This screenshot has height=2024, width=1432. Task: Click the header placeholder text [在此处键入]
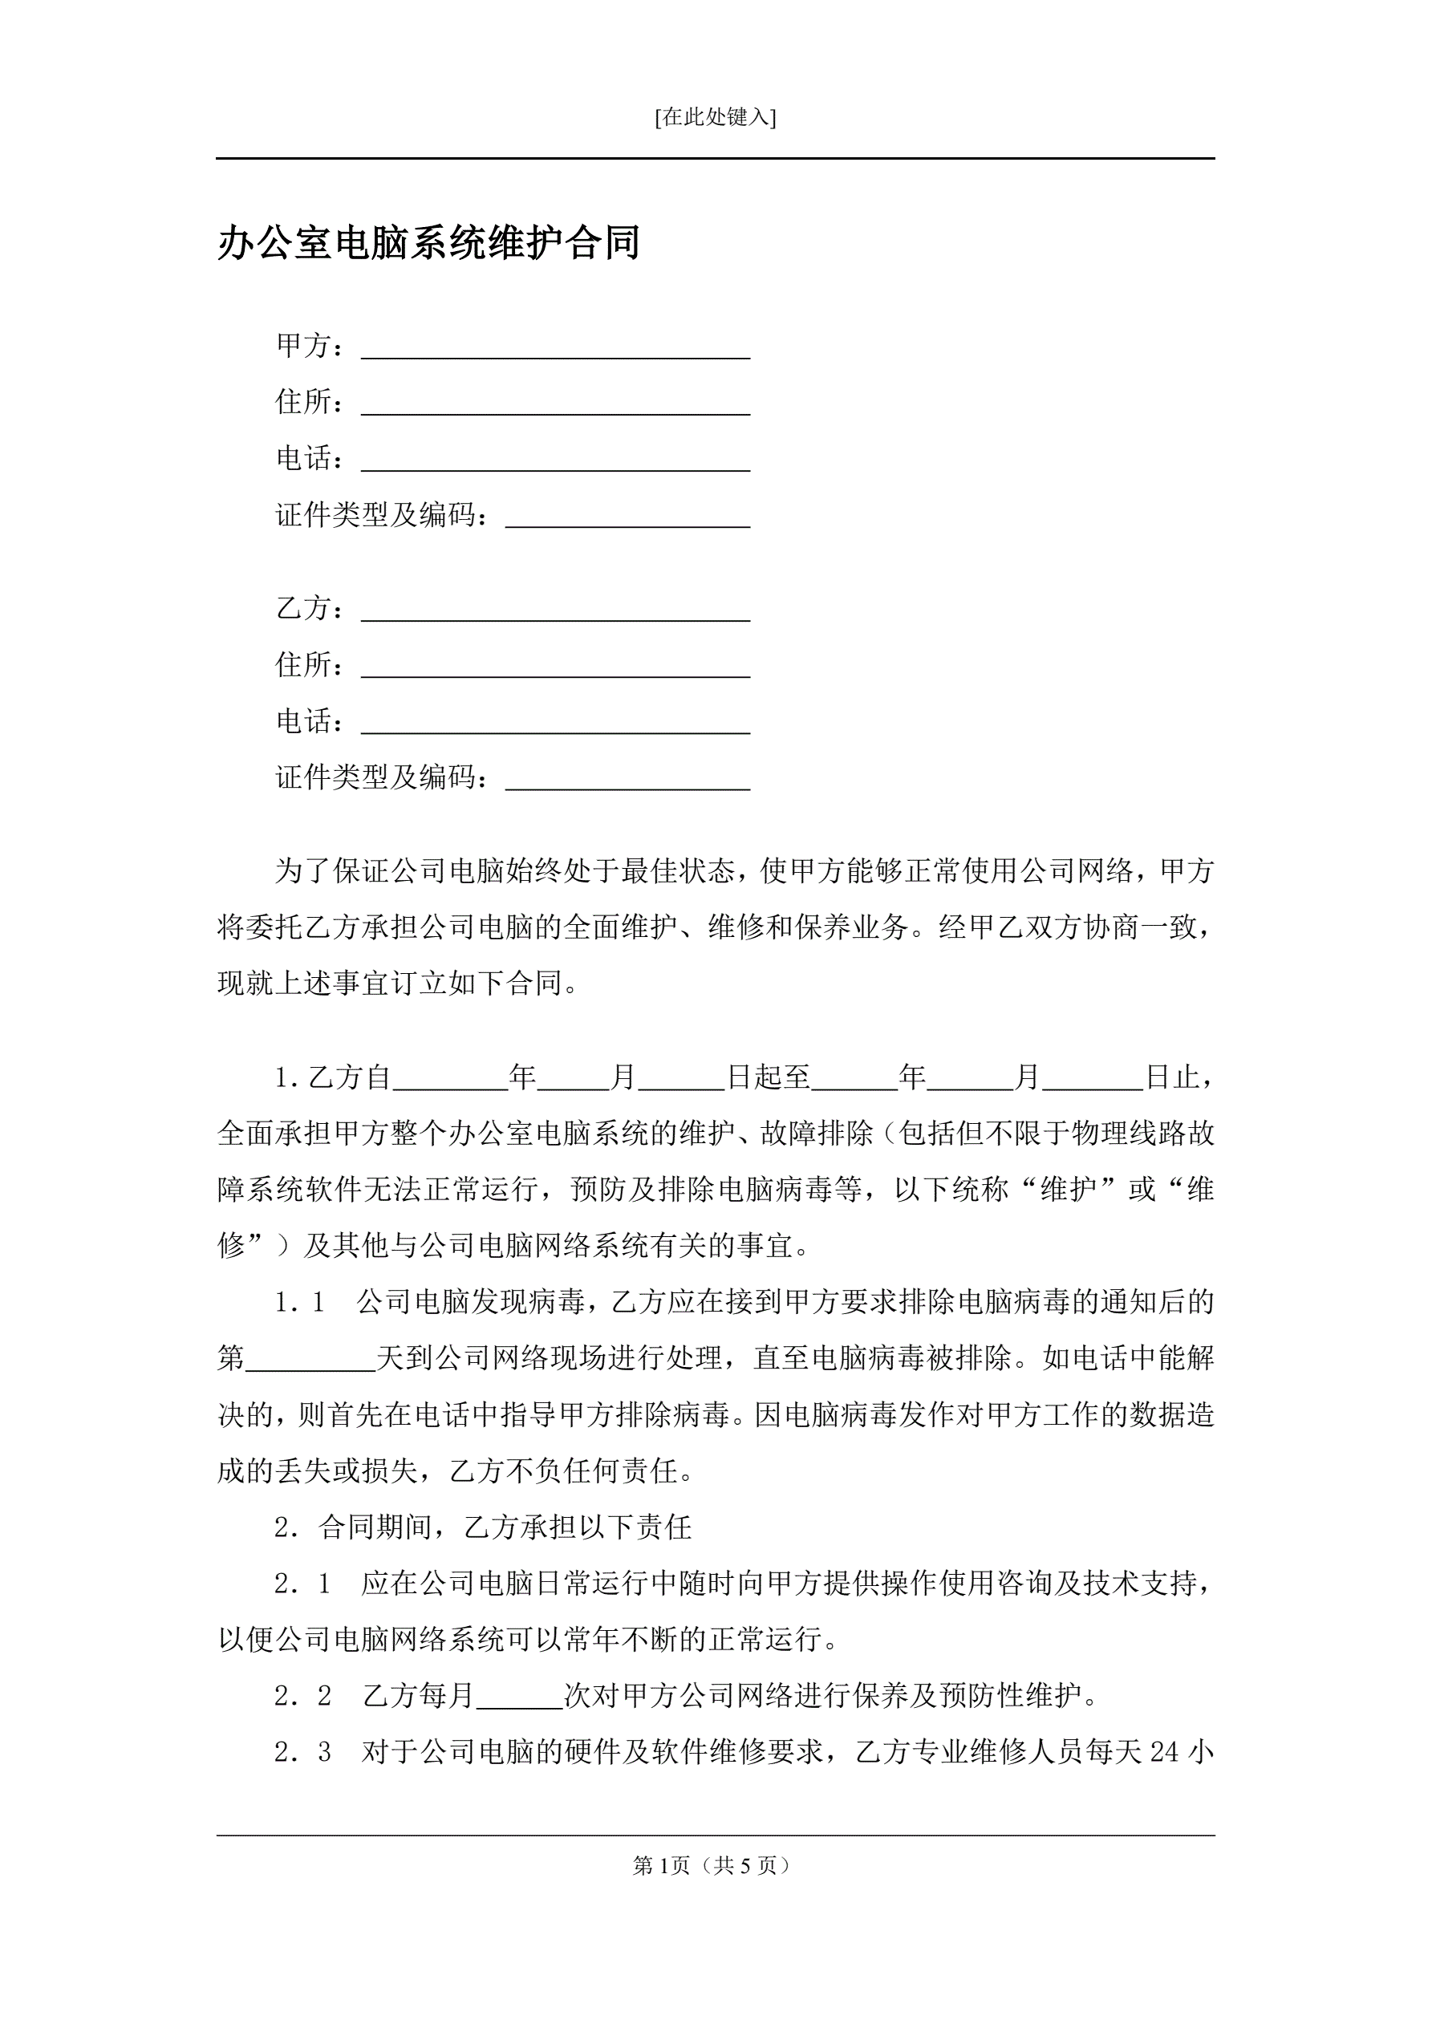[x=715, y=117]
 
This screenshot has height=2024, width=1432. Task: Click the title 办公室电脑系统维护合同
[x=428, y=242]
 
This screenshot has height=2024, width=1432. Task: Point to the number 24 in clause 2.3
[x=1164, y=1751]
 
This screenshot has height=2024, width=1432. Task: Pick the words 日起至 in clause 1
[x=768, y=1077]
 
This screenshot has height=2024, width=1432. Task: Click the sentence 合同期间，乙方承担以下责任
[x=505, y=1527]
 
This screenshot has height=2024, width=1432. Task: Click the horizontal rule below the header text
[x=715, y=159]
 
